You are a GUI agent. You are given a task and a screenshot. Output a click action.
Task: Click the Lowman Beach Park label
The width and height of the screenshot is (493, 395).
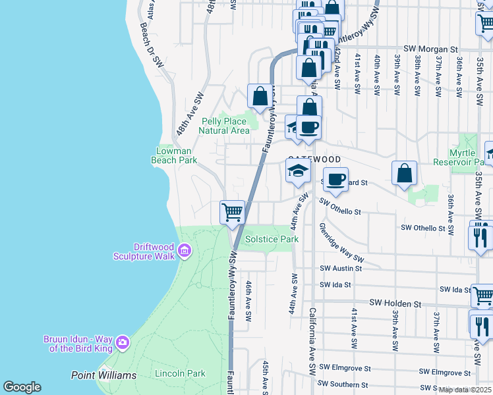coord(174,155)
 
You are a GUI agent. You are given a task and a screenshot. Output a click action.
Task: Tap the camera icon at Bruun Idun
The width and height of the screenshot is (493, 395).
coord(122,342)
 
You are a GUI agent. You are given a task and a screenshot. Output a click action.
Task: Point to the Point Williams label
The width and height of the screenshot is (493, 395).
coord(103,375)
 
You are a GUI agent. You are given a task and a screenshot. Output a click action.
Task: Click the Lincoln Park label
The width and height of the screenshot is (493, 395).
coord(180,373)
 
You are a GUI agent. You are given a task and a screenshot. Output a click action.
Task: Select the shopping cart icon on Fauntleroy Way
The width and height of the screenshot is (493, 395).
coord(232,213)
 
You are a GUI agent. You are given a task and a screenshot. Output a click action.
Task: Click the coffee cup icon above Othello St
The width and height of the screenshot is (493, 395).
coord(336,179)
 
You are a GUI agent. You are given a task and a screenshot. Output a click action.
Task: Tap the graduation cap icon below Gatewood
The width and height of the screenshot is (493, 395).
coord(298,171)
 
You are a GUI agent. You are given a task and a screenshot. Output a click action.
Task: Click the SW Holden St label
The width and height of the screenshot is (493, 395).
coord(395,303)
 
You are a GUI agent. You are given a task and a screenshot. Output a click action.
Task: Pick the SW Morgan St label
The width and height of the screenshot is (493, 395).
coord(430,49)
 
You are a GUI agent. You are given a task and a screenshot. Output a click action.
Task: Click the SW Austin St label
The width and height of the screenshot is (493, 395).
coord(341,269)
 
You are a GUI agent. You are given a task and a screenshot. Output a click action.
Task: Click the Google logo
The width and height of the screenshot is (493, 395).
coord(22,387)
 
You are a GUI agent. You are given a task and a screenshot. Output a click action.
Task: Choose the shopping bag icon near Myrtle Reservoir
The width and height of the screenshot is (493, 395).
coord(405,174)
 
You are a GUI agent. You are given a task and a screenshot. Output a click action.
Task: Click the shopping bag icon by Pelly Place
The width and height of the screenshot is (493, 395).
coord(260,95)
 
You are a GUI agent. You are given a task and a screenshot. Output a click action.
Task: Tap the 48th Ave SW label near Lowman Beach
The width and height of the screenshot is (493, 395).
coord(190,114)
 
